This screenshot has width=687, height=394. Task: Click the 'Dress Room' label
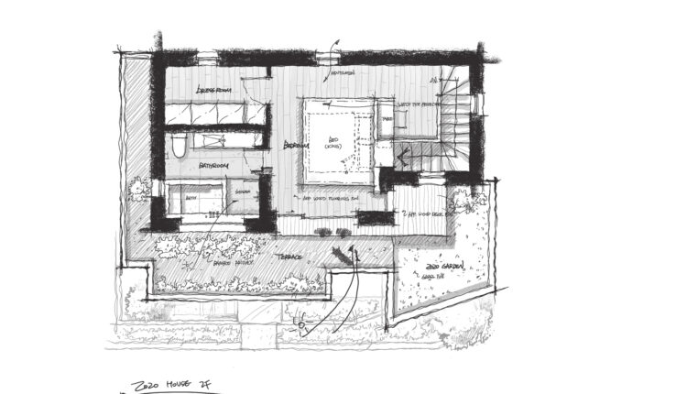213,90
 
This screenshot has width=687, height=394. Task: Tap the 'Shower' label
242,192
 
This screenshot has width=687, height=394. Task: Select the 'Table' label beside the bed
387,120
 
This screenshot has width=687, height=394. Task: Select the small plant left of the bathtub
140,191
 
